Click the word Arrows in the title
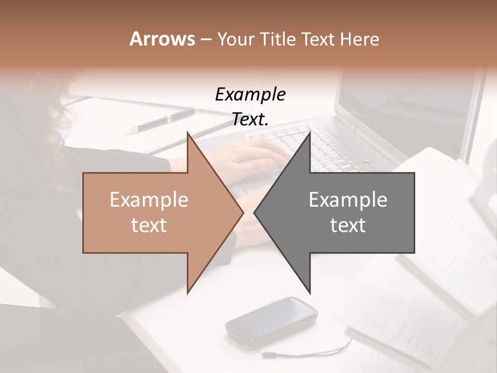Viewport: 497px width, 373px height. [162, 39]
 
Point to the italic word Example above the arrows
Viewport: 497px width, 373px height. [250, 94]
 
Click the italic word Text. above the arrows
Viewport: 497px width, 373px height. [250, 120]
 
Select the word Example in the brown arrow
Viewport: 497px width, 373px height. [149, 200]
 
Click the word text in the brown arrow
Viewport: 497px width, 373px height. [149, 225]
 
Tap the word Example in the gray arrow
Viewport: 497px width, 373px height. [348, 200]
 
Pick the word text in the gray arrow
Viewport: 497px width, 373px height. [348, 225]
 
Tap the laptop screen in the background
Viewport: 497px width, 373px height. [409, 104]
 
